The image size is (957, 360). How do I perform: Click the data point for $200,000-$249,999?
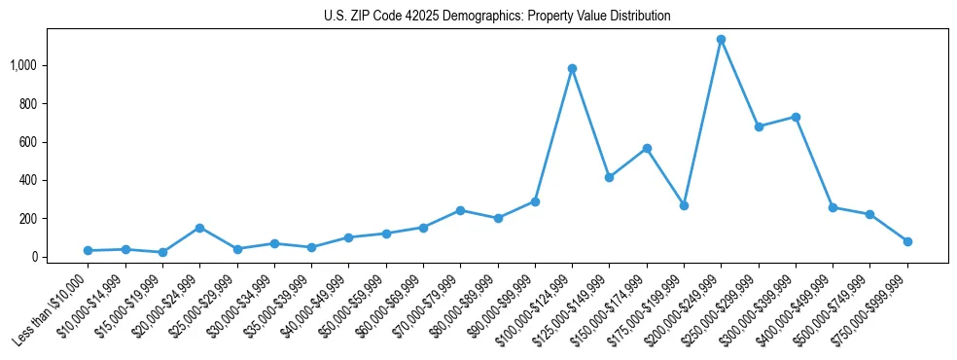coord(721,40)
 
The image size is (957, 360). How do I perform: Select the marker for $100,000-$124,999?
coord(572,68)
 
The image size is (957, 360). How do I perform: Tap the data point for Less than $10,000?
coord(88,251)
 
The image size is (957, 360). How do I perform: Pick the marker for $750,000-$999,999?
coord(907,241)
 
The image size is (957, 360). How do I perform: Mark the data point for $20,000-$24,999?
coord(199,228)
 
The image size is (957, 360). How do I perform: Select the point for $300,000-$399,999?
coord(796,117)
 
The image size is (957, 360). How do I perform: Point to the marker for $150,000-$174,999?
coord(647,148)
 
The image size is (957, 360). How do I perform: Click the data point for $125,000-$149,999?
coord(609,177)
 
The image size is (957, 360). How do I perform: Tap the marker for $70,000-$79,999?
coord(460,210)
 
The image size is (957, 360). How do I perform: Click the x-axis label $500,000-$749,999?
coord(838,303)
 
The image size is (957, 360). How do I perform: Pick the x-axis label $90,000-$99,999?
coord(503,303)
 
